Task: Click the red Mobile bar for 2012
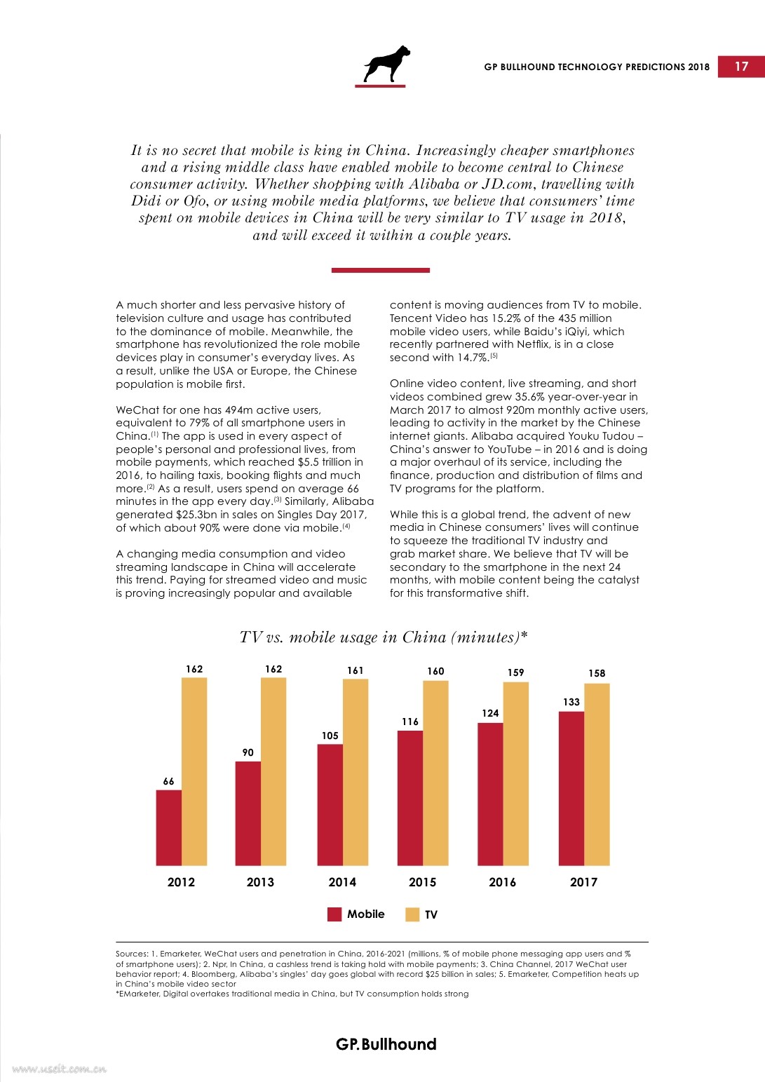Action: click(168, 827)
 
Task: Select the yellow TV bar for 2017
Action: click(597, 774)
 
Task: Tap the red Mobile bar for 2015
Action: click(410, 798)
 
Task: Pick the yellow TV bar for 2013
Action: click(273, 771)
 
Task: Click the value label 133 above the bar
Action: click(571, 702)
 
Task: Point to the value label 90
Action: click(248, 752)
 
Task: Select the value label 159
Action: click(516, 672)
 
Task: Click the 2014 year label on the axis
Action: click(342, 882)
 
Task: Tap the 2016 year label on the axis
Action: click(502, 882)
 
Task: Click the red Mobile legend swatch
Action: click(334, 914)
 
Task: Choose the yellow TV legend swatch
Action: click(412, 914)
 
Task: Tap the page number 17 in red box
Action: click(741, 66)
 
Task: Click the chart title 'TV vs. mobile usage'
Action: click(384, 637)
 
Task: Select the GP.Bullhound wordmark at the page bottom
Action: click(386, 1044)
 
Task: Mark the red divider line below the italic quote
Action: click(381, 270)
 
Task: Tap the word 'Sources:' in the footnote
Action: click(131, 954)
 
